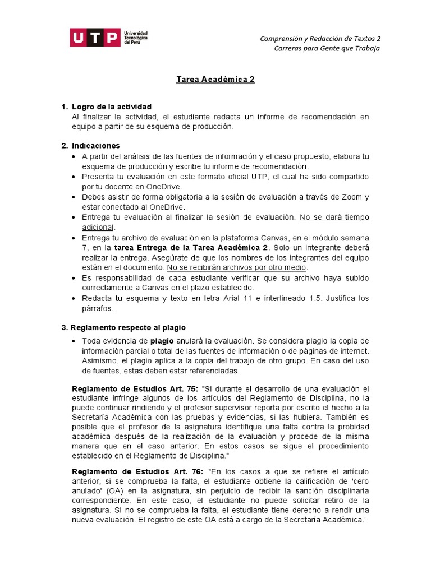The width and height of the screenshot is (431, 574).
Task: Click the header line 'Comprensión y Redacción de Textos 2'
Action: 320,39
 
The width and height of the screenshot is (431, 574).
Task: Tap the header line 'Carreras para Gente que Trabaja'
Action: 327,48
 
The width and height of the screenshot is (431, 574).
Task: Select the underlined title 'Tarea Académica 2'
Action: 215,80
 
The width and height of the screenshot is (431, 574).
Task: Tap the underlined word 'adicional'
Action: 98,227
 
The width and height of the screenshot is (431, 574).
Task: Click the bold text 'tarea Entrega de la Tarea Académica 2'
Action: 191,247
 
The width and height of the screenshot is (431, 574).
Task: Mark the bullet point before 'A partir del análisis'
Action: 75,156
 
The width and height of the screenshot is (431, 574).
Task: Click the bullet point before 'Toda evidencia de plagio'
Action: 75,341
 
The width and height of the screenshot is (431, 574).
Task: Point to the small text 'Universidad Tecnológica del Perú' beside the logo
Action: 135,38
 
